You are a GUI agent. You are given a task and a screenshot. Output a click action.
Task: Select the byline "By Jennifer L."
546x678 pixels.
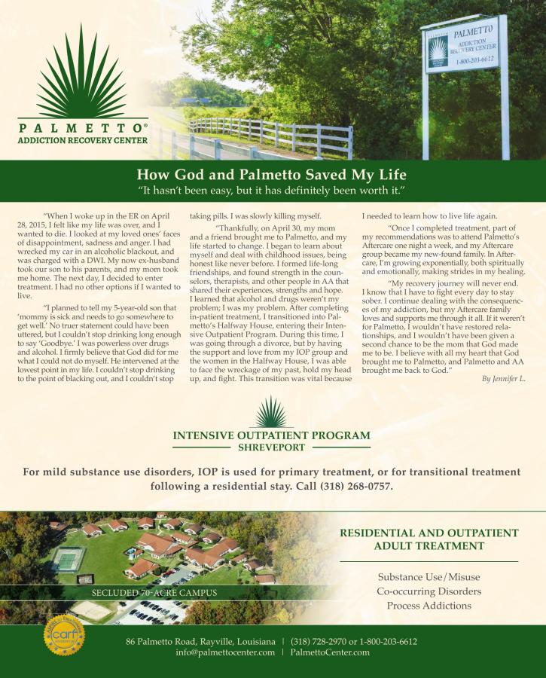point(503,378)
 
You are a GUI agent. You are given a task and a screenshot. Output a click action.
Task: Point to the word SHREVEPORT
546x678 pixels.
point(272,447)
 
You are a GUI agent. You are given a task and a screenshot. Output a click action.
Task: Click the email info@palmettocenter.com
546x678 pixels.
point(225,652)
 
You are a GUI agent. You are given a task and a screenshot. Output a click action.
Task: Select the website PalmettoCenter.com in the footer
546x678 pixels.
point(330,652)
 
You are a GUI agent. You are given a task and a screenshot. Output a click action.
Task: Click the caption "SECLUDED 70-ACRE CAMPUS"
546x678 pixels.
point(154,593)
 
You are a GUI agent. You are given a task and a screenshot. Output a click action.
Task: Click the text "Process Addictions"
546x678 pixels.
point(429,606)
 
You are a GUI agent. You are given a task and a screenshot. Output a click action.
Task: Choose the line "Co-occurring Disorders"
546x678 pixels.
point(429,591)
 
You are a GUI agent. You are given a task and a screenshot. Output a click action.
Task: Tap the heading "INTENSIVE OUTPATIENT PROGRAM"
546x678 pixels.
point(272,435)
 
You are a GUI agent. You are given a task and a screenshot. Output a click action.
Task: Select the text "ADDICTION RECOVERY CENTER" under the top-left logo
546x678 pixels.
point(83,140)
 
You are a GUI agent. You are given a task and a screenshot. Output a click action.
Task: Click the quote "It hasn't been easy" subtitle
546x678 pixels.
point(272,188)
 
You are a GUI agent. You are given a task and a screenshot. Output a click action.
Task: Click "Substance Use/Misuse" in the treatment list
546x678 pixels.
point(429,577)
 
